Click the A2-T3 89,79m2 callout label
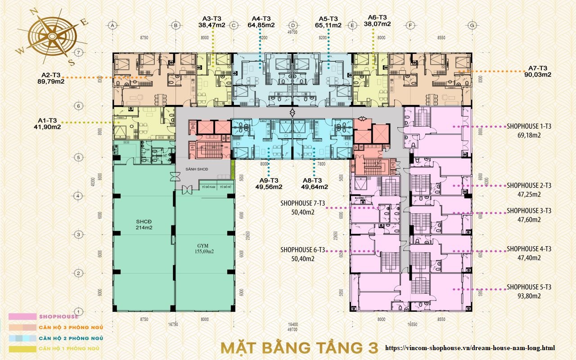[x=51, y=78]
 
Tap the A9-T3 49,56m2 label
[x=269, y=183]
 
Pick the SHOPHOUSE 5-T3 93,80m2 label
[x=529, y=291]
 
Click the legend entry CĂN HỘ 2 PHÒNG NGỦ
[x=71, y=338]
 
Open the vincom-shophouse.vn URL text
[x=470, y=348]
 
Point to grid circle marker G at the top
[x=472, y=26]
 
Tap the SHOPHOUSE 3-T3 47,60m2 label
[x=529, y=215]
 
